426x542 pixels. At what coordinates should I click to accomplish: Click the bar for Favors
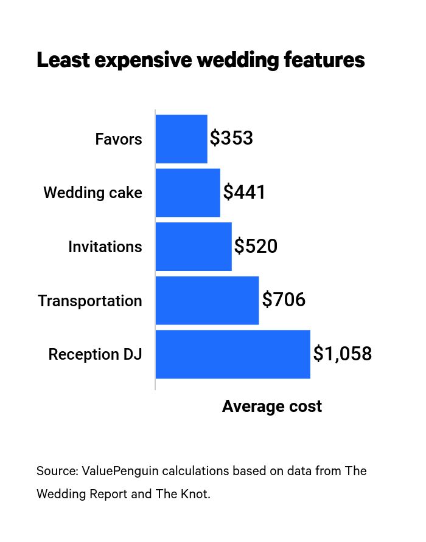tap(181, 139)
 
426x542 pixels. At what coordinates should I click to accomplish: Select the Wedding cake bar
tap(187, 193)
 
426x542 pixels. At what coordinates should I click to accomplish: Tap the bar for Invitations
tap(194, 247)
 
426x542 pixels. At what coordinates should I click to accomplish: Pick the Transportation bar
tap(207, 301)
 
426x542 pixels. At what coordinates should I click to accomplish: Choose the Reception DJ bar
tap(232, 354)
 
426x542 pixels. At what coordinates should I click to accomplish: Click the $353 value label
tap(231, 139)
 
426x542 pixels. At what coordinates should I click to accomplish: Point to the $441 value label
tap(244, 193)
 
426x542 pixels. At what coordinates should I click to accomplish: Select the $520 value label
tap(256, 247)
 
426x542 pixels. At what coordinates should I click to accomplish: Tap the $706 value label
tap(284, 301)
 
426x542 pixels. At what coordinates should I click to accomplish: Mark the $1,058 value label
tap(342, 354)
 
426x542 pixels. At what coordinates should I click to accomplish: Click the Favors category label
tap(119, 140)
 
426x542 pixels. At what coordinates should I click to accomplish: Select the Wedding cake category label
tap(93, 193)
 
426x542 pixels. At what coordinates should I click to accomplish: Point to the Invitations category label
tap(105, 247)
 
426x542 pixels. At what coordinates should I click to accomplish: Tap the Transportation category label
tap(90, 301)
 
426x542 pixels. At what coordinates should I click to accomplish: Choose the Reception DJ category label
tap(96, 355)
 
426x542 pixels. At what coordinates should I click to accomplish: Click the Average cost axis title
tap(272, 406)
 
